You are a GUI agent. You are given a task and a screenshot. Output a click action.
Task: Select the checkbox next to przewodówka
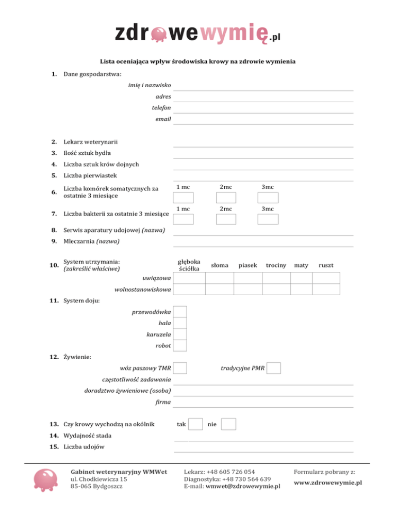[180, 312]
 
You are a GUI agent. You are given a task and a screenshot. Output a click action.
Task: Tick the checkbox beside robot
[180, 345]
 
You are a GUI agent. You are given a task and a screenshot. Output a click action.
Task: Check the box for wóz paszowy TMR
[180, 368]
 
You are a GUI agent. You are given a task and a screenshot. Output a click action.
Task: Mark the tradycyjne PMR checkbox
[274, 368]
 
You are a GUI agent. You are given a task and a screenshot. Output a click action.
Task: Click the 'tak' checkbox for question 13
[195, 424]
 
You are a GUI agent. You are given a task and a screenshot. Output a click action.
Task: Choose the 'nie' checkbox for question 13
[229, 424]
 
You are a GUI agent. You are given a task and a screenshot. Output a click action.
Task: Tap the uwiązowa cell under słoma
[219, 278]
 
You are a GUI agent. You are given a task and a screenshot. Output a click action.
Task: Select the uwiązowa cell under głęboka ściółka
[189, 278]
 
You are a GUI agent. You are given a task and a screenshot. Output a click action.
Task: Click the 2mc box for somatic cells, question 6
[226, 198]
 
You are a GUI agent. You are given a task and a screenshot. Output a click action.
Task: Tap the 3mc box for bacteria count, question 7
[268, 219]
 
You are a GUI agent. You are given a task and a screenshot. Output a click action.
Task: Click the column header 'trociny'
[276, 265]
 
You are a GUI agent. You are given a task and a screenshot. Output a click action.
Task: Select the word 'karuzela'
[158, 334]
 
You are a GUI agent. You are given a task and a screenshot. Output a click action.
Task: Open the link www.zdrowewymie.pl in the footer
[327, 483]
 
